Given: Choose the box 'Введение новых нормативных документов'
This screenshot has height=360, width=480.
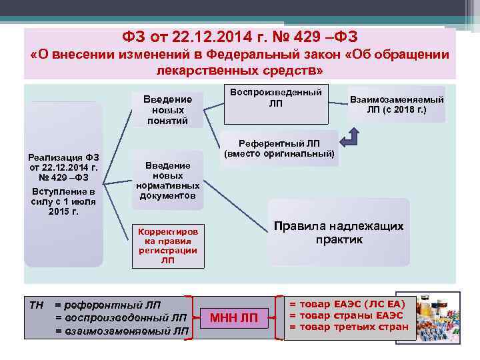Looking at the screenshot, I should [x=167, y=181].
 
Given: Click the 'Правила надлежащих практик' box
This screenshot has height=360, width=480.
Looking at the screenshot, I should [x=339, y=233].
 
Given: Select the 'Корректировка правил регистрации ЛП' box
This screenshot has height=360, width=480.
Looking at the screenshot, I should [x=167, y=245].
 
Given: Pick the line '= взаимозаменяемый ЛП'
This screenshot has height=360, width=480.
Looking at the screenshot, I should [x=121, y=331].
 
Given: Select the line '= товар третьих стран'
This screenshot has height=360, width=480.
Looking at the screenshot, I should [x=348, y=327].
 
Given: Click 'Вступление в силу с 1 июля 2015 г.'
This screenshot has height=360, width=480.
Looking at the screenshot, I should [x=63, y=201].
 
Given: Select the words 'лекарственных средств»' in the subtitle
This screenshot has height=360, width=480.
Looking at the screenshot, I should [x=240, y=70].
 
